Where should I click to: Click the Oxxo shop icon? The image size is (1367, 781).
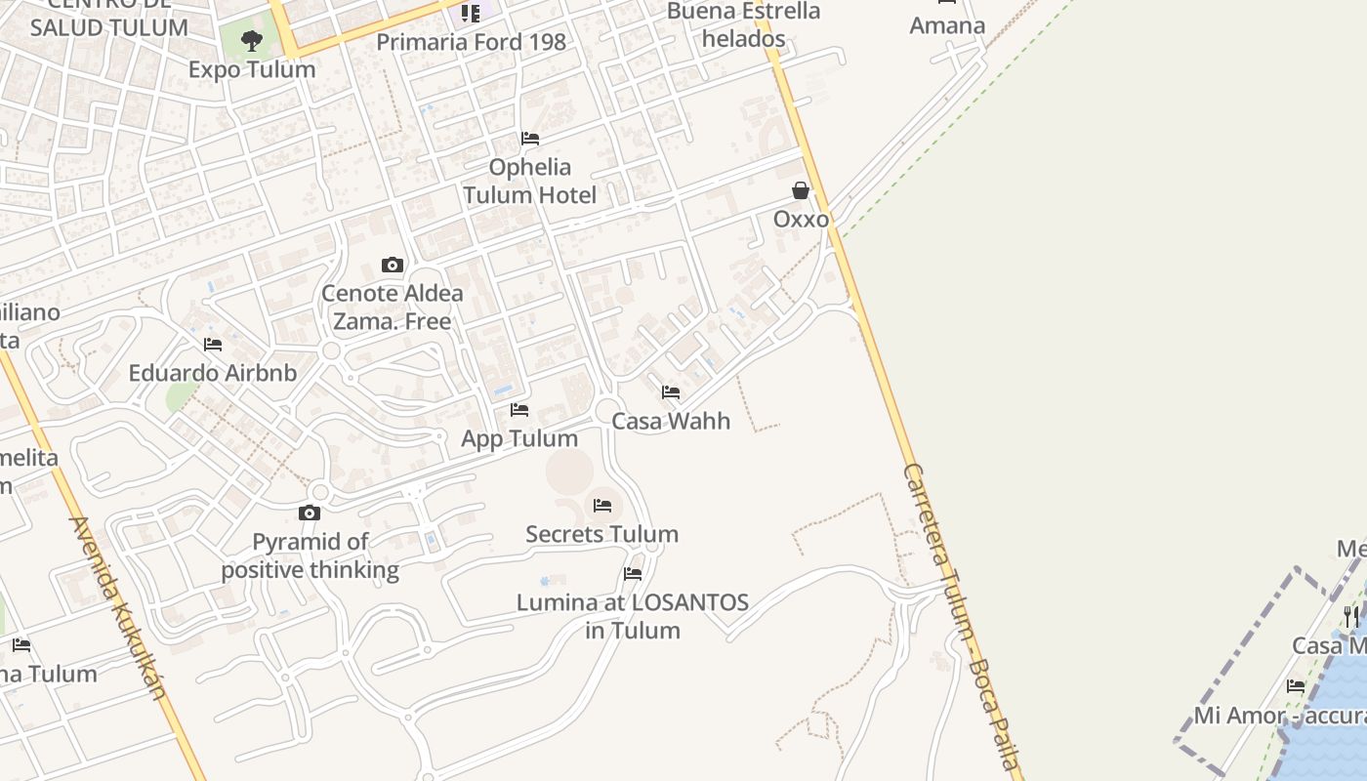(x=801, y=190)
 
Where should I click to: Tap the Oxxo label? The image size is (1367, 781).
(x=801, y=219)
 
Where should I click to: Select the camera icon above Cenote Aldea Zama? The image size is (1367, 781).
(x=393, y=265)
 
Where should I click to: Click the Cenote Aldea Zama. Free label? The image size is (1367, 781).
(x=393, y=307)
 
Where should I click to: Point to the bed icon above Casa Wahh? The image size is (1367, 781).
(x=671, y=392)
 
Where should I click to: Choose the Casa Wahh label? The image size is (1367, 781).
(x=671, y=421)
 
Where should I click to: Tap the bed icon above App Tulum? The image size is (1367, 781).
(x=519, y=410)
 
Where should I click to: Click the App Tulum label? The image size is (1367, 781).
(x=519, y=438)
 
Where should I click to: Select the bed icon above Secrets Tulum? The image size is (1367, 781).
(x=602, y=506)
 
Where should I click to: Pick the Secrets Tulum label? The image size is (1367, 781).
(x=602, y=534)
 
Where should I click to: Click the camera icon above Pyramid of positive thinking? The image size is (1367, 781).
(x=310, y=513)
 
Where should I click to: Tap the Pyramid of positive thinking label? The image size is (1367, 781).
(x=311, y=555)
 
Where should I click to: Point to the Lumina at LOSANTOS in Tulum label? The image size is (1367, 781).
(x=633, y=616)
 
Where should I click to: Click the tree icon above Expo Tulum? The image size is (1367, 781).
(x=252, y=41)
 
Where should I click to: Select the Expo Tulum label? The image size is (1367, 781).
(x=252, y=69)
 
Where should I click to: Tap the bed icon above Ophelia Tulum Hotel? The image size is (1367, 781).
(x=530, y=139)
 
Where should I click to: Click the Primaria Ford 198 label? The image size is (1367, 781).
(x=471, y=42)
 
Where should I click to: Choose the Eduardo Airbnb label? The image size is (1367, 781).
(x=213, y=373)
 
